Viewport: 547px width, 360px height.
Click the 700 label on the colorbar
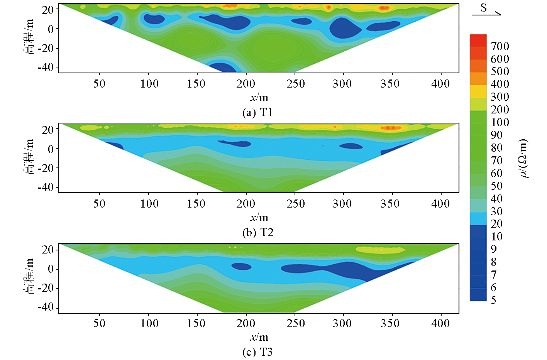500,46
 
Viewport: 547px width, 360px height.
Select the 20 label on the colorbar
496,224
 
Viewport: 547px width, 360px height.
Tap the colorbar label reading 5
493,300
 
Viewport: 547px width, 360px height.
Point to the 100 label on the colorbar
500,122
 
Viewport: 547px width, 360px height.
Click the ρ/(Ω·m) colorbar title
523,158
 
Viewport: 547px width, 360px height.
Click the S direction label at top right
484,8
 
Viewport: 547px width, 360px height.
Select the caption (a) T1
257,112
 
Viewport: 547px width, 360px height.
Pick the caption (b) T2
257,232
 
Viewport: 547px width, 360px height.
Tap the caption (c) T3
257,352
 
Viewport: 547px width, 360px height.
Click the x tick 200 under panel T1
246,83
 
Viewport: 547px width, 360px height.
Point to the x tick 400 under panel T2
440,203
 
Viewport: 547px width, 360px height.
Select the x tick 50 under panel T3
99,323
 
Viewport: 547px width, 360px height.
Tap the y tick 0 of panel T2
51,149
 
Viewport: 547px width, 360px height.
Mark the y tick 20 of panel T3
48,250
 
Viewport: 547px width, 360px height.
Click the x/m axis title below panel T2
259,217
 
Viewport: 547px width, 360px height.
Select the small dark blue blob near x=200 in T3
241,266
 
